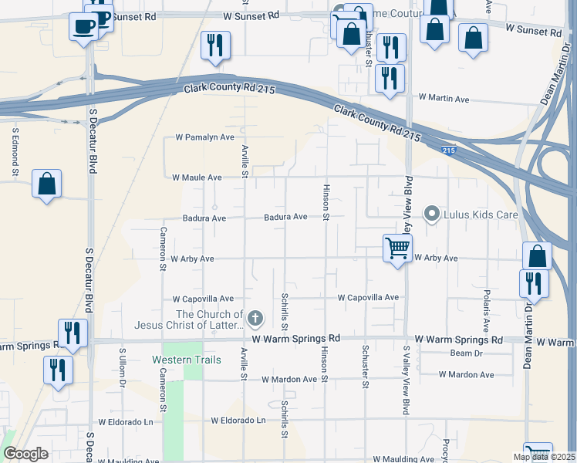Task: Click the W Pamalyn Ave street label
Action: (204, 137)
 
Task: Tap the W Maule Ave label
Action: (197, 177)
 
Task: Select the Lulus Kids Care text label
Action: (481, 214)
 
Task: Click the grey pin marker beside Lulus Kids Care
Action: (433, 214)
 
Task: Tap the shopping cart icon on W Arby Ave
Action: (397, 248)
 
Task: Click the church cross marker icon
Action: (255, 318)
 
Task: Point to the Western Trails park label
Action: (187, 360)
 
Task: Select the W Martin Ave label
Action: (444, 99)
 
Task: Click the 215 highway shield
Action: (449, 151)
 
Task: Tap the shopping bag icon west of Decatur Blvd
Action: (47, 184)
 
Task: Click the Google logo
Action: (25, 455)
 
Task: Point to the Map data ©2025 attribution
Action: (544, 457)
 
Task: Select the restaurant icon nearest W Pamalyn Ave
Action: (215, 46)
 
